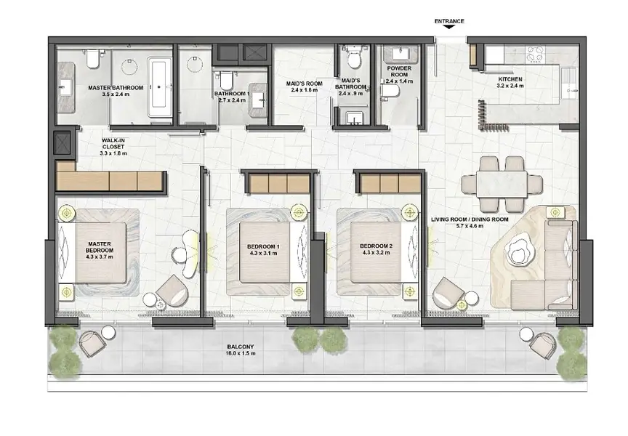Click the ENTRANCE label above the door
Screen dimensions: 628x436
[449, 21]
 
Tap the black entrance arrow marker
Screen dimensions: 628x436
[449, 27]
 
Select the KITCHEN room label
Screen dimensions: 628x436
[510, 79]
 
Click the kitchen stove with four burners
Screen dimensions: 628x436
[536, 54]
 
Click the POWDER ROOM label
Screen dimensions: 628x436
[399, 71]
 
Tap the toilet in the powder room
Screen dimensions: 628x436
[390, 91]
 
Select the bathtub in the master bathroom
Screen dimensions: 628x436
[159, 87]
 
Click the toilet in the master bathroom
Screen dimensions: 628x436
[93, 59]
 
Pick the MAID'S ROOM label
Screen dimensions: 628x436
[305, 84]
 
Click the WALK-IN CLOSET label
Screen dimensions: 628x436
[113, 144]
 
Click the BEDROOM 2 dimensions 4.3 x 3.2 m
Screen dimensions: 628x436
[376, 253]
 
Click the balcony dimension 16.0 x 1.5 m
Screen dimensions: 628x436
[241, 354]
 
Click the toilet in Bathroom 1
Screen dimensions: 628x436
[226, 80]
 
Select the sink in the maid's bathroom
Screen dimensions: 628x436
[354, 118]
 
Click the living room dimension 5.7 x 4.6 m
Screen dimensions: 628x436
[470, 226]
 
